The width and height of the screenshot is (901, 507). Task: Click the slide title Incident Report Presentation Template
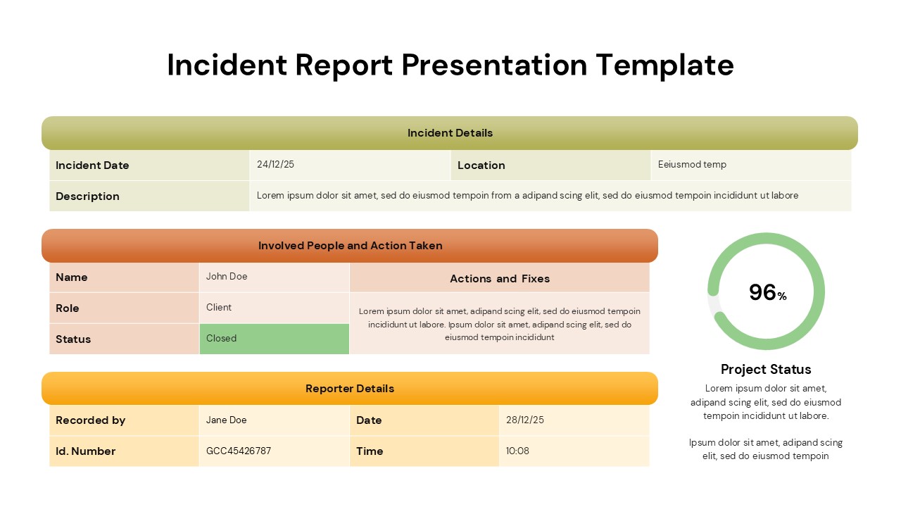pyautogui.click(x=450, y=65)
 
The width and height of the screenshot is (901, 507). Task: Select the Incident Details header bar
pyautogui.click(x=450, y=133)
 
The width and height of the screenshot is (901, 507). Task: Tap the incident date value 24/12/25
pyautogui.click(x=276, y=165)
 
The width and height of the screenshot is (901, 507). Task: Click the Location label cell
pyautogui.click(x=481, y=165)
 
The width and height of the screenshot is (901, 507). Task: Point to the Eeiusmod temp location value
pyautogui.click(x=692, y=165)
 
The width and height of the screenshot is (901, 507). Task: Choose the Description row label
pyautogui.click(x=87, y=196)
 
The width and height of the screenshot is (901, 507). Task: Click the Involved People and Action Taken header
pyautogui.click(x=350, y=246)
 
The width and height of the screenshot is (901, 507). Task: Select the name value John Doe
pyautogui.click(x=227, y=277)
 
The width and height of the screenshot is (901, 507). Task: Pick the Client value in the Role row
pyautogui.click(x=219, y=308)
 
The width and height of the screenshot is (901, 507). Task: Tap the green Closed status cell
pyautogui.click(x=274, y=339)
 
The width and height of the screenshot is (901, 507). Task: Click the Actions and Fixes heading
pyautogui.click(x=500, y=279)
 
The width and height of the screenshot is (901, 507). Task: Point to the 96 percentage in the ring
pyautogui.click(x=763, y=292)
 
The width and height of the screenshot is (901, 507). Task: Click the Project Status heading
pyautogui.click(x=766, y=370)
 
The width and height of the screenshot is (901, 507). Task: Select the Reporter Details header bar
pyautogui.click(x=350, y=389)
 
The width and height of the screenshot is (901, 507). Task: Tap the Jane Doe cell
pyautogui.click(x=227, y=420)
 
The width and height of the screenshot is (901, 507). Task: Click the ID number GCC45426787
pyautogui.click(x=239, y=451)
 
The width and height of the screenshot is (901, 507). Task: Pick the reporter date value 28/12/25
pyautogui.click(x=525, y=420)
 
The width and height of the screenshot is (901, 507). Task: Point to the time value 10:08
pyautogui.click(x=517, y=451)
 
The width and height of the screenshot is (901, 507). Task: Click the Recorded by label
pyautogui.click(x=90, y=420)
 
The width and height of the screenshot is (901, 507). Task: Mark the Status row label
pyautogui.click(x=73, y=339)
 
